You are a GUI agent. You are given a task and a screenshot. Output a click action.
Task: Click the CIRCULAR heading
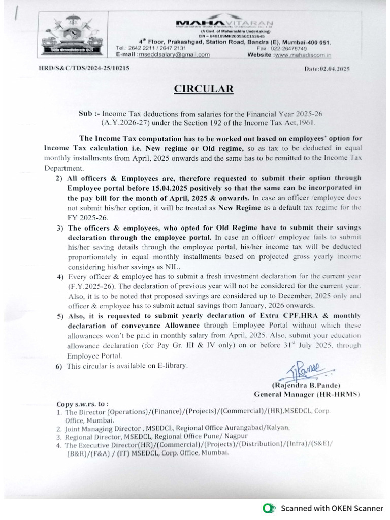[204, 89]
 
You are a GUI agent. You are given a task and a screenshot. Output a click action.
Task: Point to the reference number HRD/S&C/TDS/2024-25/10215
[84, 68]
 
